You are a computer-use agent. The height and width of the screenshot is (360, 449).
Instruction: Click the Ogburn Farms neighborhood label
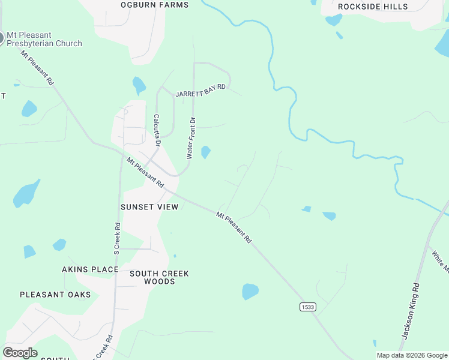point(154,5)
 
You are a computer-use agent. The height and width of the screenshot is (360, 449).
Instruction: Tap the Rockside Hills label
point(373,7)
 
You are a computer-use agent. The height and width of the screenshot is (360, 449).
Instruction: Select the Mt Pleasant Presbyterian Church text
point(44,39)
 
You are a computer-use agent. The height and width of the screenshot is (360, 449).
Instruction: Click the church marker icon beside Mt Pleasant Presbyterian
point(1,38)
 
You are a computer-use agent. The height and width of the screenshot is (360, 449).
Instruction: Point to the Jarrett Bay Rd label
point(200,91)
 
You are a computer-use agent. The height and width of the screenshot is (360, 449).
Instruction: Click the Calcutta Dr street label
point(157,130)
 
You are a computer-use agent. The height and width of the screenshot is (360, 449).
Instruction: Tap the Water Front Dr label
point(191,137)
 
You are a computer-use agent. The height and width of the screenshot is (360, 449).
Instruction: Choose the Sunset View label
point(149,207)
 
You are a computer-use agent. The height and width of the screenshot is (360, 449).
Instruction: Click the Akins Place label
point(90,269)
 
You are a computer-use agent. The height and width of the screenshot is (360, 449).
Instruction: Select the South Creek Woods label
point(159,277)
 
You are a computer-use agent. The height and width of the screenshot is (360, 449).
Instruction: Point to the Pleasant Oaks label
point(55,295)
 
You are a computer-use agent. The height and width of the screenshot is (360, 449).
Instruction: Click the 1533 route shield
point(307,307)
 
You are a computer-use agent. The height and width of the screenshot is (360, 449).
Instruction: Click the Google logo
point(20,353)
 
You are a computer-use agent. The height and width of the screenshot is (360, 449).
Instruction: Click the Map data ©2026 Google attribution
point(412,355)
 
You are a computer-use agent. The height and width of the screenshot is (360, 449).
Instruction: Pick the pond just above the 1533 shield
point(250,292)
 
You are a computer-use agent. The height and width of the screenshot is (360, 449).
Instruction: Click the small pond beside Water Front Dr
point(206,152)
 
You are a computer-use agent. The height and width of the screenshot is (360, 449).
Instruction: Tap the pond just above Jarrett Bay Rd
point(139,85)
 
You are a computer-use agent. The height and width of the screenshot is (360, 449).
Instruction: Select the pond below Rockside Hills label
point(333,20)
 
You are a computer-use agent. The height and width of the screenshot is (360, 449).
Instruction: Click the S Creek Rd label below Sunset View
point(117,239)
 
